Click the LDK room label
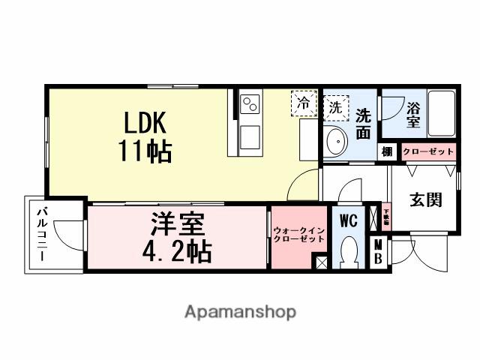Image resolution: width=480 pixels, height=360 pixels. coord(145,122)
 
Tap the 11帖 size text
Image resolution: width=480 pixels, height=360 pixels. coord(145,151)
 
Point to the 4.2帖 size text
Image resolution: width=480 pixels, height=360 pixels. coord(177,250)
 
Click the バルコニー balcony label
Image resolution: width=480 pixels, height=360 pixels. coord(41,234)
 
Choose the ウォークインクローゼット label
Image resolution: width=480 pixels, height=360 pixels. coord(298,234)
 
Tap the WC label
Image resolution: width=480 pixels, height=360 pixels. coord(348,221)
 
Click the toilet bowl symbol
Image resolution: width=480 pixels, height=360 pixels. coord(349,253)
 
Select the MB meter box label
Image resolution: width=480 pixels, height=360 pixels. coord(379,251)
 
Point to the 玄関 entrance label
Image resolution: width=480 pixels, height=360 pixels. coord(424,200)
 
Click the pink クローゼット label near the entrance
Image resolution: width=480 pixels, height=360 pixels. coord(428,151)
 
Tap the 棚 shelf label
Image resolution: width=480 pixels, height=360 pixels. coord(387,151)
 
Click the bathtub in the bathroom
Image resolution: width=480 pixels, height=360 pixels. coord(441,114)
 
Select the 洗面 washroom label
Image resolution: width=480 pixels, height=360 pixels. coord(363,124)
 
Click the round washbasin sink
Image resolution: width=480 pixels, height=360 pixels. coord(337,140)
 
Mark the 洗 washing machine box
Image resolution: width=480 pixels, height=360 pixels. coord(335,106)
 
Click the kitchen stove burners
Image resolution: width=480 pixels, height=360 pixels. coord(250,105)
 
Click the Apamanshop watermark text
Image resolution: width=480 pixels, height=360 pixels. coord(240,310)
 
